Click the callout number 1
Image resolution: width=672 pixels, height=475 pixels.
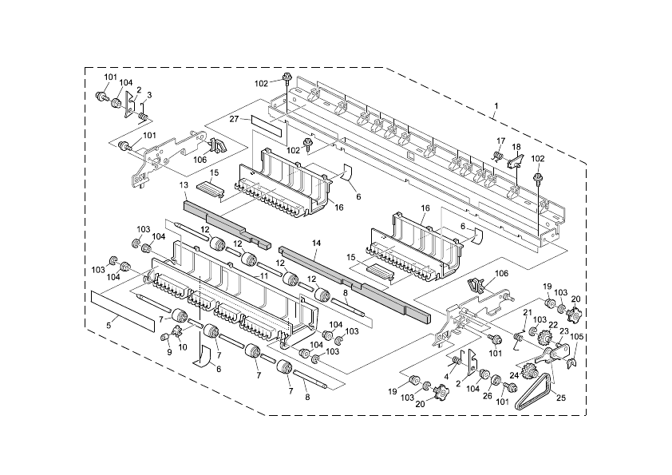pyautogui.click(x=496, y=105)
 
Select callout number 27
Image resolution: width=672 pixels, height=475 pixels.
pyautogui.click(x=234, y=119)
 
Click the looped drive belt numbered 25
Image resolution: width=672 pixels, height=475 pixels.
pyautogui.click(x=535, y=391)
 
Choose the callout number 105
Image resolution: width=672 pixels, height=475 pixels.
pyautogui.click(x=576, y=337)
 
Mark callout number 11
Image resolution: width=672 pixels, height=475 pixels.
pyautogui.click(x=263, y=276)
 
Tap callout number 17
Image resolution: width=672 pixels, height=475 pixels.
pyautogui.click(x=501, y=141)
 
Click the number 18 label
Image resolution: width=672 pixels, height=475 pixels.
pyautogui.click(x=516, y=147)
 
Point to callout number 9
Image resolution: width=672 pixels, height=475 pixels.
pyautogui.click(x=169, y=352)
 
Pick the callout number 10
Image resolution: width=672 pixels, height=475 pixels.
pyautogui.click(x=183, y=347)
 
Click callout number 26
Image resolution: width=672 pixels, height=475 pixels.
pyautogui.click(x=488, y=396)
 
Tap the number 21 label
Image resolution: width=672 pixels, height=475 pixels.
pyautogui.click(x=527, y=312)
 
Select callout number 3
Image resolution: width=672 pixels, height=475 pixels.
pyautogui.click(x=149, y=95)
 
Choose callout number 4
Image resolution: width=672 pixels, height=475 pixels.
pyautogui.click(x=446, y=376)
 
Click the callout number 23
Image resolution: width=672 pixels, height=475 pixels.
pyautogui.click(x=563, y=331)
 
